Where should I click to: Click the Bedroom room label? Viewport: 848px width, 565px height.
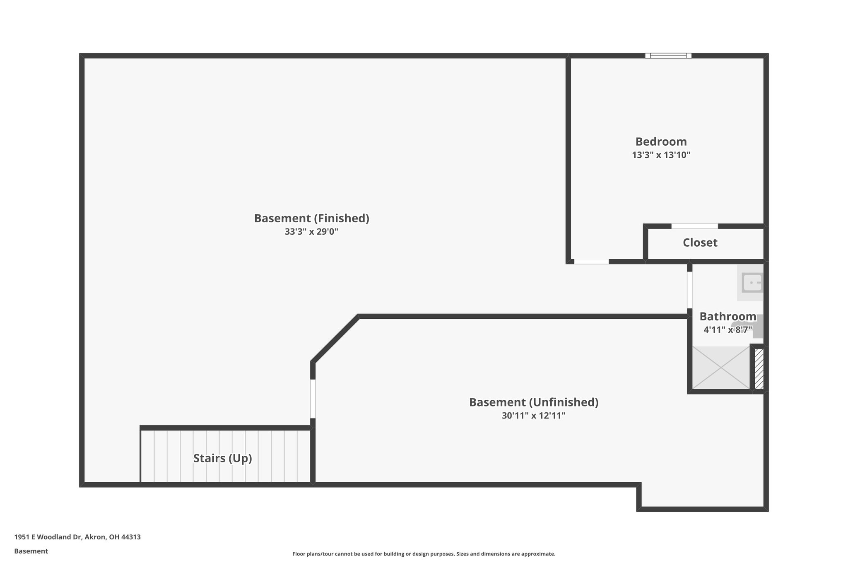tap(661, 142)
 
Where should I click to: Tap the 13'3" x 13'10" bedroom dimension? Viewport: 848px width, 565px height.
tap(661, 155)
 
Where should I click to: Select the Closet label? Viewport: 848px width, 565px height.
tap(700, 243)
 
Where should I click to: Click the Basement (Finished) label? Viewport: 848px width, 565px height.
tap(311, 218)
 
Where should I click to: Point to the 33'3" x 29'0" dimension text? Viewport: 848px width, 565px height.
tap(311, 232)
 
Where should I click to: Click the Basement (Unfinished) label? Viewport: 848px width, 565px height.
tap(533, 402)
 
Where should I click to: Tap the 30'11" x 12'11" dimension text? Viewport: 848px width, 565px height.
tap(533, 416)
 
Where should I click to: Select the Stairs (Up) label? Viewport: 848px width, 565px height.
tap(222, 458)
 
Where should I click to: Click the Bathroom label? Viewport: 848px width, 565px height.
tap(728, 317)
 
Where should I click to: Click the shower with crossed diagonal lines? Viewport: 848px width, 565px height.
tap(721, 368)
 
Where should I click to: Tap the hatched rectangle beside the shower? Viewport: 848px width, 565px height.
tap(759, 369)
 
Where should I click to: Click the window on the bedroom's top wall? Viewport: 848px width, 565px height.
tap(668, 56)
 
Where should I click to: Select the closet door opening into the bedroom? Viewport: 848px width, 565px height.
tap(694, 226)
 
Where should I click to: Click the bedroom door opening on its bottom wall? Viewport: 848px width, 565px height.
tap(591, 262)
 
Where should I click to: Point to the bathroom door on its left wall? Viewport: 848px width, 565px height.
tap(690, 290)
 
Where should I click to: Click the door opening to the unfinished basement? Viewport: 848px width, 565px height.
tap(313, 399)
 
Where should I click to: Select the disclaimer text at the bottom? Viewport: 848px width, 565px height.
tap(424, 554)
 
